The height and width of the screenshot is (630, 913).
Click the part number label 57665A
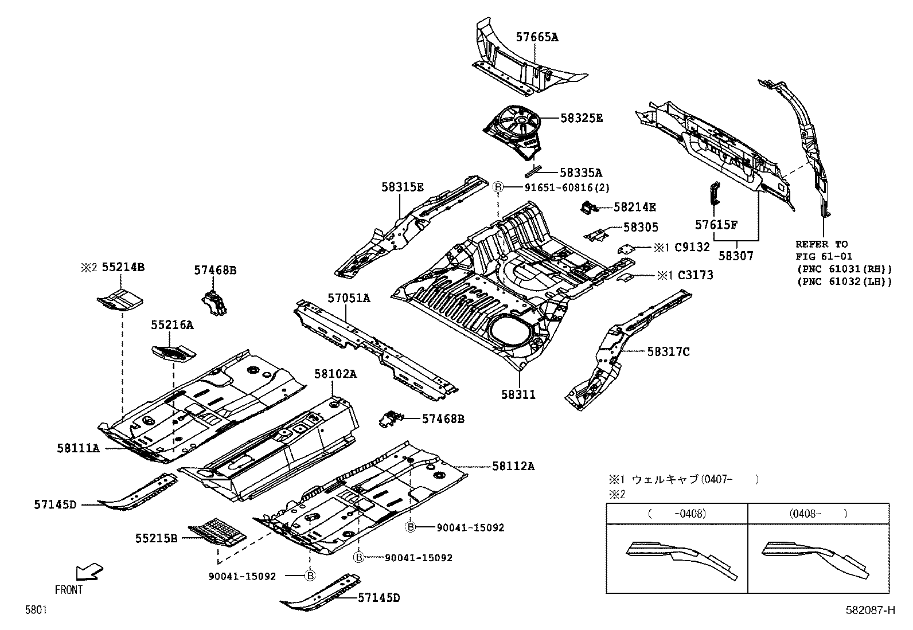coord(537,37)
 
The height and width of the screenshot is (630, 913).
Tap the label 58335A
coord(580,173)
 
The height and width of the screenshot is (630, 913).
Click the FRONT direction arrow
coord(89,572)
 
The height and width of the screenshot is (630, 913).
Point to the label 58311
coord(518,394)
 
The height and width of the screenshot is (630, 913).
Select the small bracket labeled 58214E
coord(587,208)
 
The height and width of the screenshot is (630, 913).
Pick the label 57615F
coord(716,225)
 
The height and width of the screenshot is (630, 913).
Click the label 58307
coord(736,257)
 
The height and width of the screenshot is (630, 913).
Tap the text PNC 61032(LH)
coord(844,281)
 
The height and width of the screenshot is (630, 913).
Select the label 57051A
coord(349,298)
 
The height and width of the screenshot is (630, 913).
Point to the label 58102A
coord(335,374)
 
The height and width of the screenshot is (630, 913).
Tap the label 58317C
coord(669,351)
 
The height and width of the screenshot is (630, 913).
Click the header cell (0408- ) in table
coord(818,514)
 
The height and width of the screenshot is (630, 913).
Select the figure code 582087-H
coord(870,611)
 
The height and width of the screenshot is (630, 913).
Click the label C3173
coord(696,275)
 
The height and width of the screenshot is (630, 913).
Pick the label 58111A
coord(78,448)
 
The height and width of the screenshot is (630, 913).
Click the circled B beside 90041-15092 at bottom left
coord(310,576)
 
